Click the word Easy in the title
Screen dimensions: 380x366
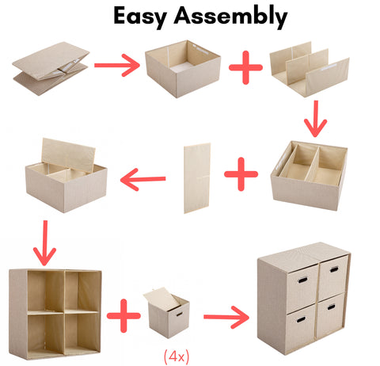pyautogui.click(x=140, y=17)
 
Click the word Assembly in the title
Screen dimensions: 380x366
pyautogui.click(x=230, y=17)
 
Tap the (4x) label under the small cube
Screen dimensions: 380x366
pyautogui.click(x=177, y=356)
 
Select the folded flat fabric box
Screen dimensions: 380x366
pyautogui.click(x=51, y=68)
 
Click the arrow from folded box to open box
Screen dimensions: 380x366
pyautogui.click(x=117, y=65)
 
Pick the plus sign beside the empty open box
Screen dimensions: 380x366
pyautogui.click(x=245, y=67)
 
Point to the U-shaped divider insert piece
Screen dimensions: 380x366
pyautogui.click(x=310, y=69)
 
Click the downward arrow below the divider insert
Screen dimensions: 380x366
pyautogui.click(x=316, y=119)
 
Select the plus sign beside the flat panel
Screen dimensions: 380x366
pyautogui.click(x=241, y=174)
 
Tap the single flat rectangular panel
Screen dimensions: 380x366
pyautogui.click(x=197, y=178)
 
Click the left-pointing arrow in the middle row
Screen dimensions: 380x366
pyautogui.click(x=142, y=180)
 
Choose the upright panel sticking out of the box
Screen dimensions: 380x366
pyautogui.click(x=68, y=155)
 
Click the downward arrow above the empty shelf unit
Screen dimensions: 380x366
pyautogui.click(x=44, y=243)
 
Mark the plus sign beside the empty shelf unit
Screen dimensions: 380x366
pyautogui.click(x=123, y=315)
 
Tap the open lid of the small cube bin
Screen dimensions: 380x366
pyautogui.click(x=162, y=299)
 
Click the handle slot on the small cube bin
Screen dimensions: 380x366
pyautogui.click(x=179, y=315)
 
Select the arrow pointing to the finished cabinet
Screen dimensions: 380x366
pyautogui.click(x=226, y=317)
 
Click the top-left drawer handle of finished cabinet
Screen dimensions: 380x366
pyautogui.click(x=302, y=280)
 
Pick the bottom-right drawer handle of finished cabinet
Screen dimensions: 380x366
pyautogui.click(x=331, y=307)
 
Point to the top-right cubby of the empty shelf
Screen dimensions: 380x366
pyautogui.click(x=82, y=291)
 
